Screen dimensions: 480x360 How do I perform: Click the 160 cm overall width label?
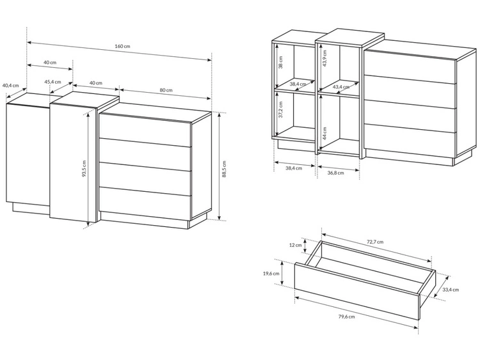pos(122,46)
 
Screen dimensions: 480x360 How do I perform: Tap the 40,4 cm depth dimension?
pos(10,86)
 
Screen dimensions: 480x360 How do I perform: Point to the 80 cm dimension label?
pos(166,90)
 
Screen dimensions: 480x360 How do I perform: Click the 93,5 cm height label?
pos(84,169)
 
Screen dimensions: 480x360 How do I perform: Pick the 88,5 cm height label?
pos(225,169)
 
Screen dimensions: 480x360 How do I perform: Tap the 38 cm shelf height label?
pos(281,62)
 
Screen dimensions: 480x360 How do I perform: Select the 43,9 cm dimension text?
pos(324,58)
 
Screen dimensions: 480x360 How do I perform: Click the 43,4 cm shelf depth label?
pos(341,87)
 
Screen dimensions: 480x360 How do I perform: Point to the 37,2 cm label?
pos(281,109)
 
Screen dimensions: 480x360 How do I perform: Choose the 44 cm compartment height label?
pos(324,134)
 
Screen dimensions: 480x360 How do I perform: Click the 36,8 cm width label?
pos(335,173)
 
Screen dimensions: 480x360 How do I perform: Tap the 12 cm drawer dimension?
pos(296,245)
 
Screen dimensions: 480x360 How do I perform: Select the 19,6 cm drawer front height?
pos(271,274)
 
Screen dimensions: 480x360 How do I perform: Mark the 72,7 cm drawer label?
pos(375,242)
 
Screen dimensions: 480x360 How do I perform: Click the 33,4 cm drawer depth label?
pos(451,290)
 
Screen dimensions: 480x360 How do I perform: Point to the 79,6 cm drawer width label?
pos(346,317)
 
